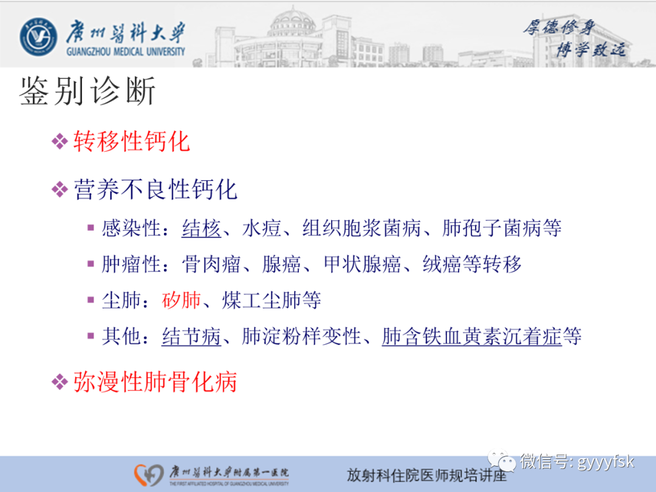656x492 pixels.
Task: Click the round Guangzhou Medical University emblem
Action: point(39,38)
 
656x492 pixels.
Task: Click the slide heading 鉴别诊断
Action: point(87,92)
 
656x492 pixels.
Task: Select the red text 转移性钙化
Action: point(132,142)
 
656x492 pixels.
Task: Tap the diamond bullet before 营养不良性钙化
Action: point(60,190)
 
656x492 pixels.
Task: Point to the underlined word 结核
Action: point(201,228)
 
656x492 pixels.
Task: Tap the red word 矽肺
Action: point(182,300)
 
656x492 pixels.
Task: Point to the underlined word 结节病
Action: point(191,336)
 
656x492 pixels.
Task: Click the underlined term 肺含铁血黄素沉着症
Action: point(471,336)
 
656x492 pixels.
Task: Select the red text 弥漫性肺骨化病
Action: point(155,382)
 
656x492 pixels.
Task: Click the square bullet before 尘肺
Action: point(91,300)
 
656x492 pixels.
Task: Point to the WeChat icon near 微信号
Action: point(503,462)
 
